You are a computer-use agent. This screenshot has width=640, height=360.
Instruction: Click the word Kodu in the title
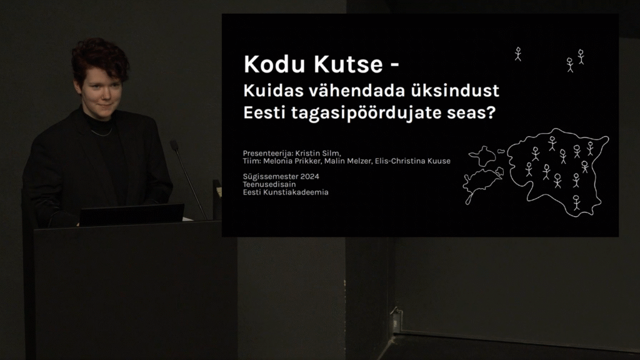[x=272, y=64]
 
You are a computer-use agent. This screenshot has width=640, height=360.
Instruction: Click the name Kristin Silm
[x=317, y=153]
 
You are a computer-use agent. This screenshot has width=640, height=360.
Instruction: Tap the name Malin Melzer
[x=348, y=161]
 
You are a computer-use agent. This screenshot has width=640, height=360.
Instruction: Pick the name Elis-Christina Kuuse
[x=412, y=161]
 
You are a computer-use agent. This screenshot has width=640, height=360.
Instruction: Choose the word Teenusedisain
[x=269, y=184]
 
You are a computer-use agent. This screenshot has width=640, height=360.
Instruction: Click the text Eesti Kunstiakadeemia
[x=286, y=192]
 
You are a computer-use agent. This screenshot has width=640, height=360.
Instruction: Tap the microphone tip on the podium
[x=174, y=144]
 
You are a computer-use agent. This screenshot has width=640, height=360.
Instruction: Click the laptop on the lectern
[x=131, y=215]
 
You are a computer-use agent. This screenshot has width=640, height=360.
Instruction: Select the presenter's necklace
[x=101, y=132]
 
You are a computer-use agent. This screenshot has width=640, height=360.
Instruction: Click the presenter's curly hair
[x=99, y=57]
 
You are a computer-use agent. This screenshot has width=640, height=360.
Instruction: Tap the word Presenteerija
[x=267, y=153]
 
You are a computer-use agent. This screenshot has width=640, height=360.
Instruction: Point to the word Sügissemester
[x=270, y=177]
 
